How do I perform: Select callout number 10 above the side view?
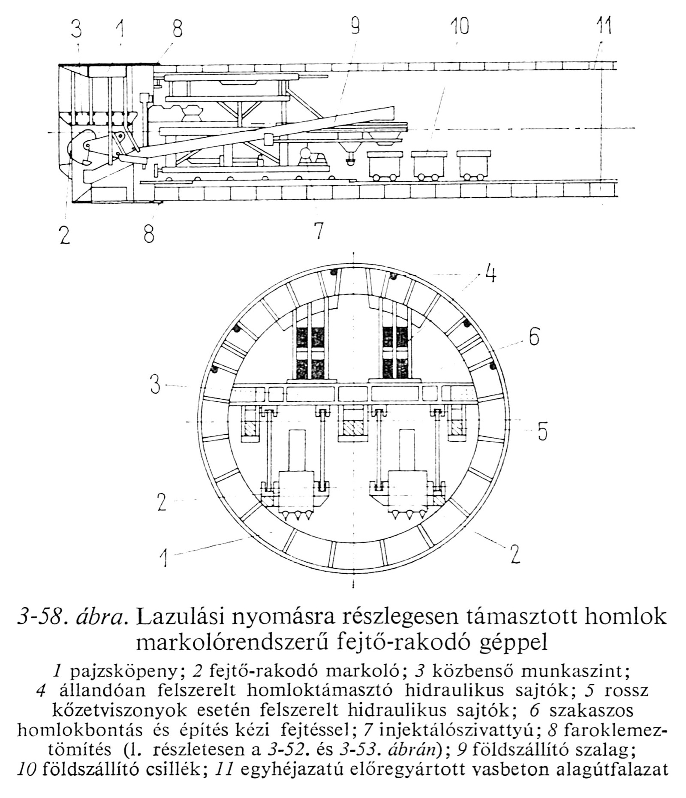click(459, 27)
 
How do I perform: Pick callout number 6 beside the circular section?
click(533, 337)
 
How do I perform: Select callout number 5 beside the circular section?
click(542, 433)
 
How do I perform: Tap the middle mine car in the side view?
click(429, 165)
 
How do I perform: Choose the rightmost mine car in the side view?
click(474, 165)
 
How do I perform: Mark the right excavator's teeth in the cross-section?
click(408, 516)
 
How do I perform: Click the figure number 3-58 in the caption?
click(41, 616)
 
